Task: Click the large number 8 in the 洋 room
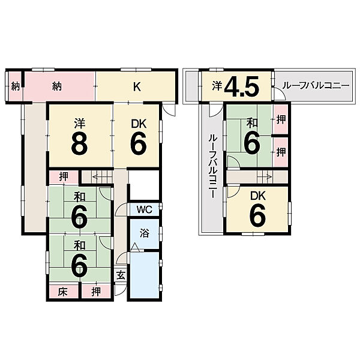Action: tap(79, 145)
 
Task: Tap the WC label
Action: tap(144, 209)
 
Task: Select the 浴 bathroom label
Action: tap(144, 233)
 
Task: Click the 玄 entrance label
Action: tap(121, 275)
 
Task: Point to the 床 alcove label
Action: tap(62, 292)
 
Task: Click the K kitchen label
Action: tap(137, 86)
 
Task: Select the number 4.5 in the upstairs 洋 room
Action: tap(242, 86)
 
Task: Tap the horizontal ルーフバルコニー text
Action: tap(316, 86)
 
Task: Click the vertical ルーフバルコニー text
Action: tap(212, 166)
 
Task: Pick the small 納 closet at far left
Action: tap(15, 86)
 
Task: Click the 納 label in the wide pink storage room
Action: tap(57, 86)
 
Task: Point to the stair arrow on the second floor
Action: tap(265, 177)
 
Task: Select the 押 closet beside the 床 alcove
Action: tap(96, 292)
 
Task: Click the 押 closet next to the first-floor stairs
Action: tap(64, 176)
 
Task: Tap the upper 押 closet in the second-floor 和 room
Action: tap(281, 119)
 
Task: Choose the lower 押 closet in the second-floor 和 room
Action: tap(281, 152)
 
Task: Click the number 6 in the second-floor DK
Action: tap(257, 214)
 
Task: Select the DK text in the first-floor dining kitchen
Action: tap(139, 124)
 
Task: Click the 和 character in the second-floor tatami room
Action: tap(252, 123)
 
